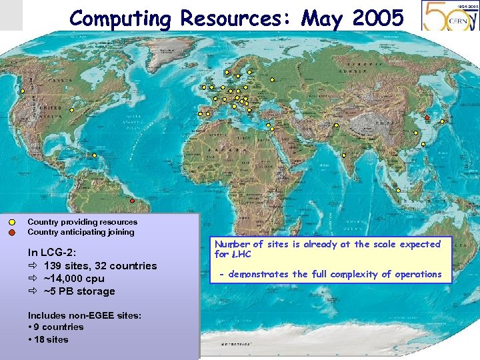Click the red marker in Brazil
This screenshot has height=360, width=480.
pyautogui.click(x=132, y=201)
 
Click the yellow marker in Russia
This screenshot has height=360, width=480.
pyautogui.click(x=273, y=79)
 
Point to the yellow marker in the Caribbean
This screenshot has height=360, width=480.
pyautogui.click(x=94, y=155)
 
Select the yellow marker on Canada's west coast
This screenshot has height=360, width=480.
pyautogui.click(x=23, y=91)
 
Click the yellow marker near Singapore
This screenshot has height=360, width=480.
pyautogui.click(x=398, y=191)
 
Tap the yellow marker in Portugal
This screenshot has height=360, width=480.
pyautogui.click(x=200, y=114)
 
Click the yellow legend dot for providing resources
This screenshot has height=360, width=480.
pyautogui.click(x=13, y=222)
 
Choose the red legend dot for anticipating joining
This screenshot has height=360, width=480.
pyautogui.click(x=13, y=233)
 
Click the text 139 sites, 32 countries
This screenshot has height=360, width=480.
pyautogui.click(x=100, y=265)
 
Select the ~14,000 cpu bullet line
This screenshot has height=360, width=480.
pyautogui.click(x=73, y=278)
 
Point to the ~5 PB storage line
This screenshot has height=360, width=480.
pyautogui.click(x=79, y=291)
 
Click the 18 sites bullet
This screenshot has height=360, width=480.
pyautogui.click(x=49, y=339)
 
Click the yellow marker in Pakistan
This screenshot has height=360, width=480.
pyautogui.click(x=337, y=125)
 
